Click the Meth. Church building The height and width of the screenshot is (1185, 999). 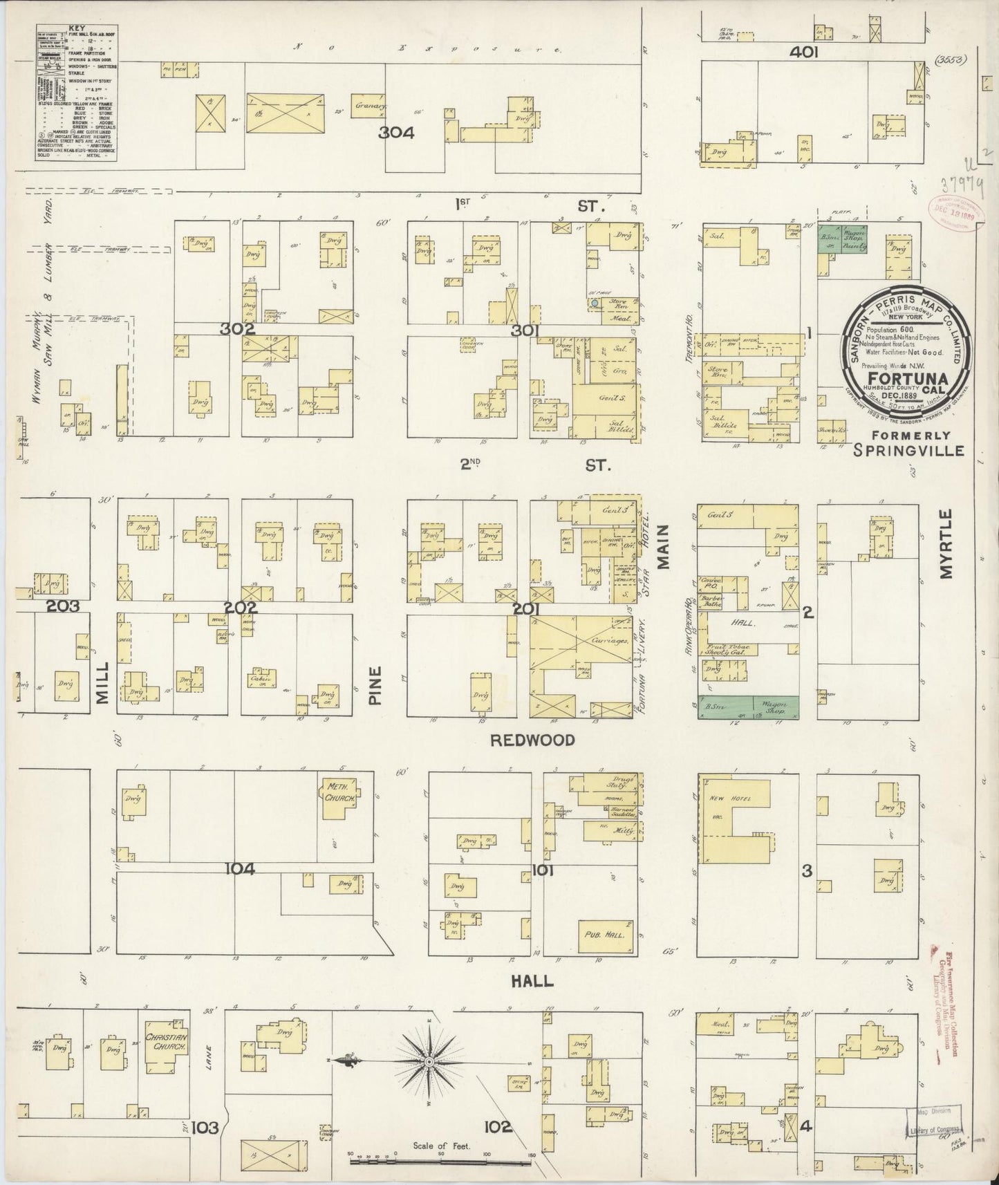[x=339, y=794]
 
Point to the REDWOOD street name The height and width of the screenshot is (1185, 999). [x=532, y=740]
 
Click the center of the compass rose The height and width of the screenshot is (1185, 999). [x=429, y=1061]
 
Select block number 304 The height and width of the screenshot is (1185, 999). [x=395, y=133]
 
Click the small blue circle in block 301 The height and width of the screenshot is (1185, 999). [x=594, y=303]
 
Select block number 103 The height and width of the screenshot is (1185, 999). [x=205, y=1128]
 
